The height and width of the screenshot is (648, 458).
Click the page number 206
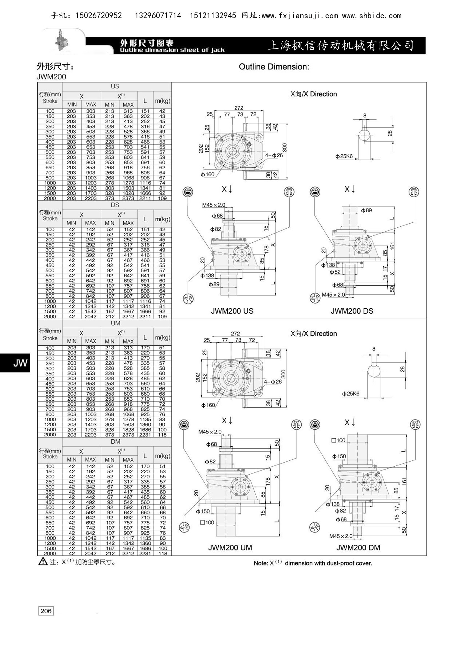point(46,611)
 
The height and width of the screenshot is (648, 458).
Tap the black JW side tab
point(15,363)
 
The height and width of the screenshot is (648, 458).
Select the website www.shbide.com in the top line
point(372,16)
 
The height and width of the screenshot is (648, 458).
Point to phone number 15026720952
point(99,16)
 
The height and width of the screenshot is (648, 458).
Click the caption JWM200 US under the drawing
point(232,311)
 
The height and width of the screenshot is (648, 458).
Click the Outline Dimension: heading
point(274,67)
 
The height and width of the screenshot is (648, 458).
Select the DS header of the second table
point(115,205)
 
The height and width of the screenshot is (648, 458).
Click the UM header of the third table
point(116,323)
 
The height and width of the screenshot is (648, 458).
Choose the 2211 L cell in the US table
point(145,198)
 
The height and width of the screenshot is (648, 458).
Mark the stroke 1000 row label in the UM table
point(50,419)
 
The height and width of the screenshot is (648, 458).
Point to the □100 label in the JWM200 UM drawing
point(207,523)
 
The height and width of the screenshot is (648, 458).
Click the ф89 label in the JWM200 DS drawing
point(366,210)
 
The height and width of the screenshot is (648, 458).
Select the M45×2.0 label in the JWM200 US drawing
point(214,205)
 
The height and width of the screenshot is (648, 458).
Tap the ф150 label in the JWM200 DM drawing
point(339,456)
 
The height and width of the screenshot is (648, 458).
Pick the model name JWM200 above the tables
point(51,77)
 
